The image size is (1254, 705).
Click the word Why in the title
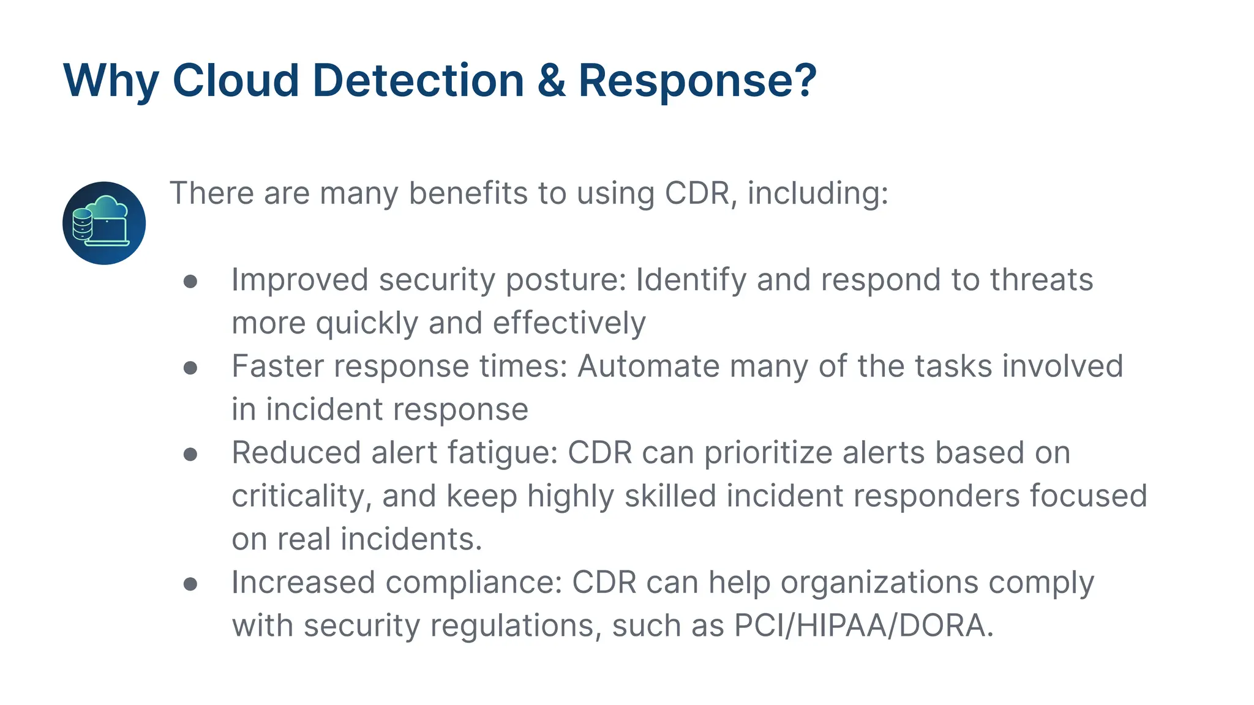[111, 81]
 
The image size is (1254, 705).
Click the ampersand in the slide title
[551, 81]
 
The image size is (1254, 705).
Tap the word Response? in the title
[697, 81]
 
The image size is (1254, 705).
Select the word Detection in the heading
[418, 81]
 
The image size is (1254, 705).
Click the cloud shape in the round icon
[109, 207]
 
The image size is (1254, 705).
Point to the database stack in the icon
[82, 224]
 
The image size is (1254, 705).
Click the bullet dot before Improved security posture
[190, 281]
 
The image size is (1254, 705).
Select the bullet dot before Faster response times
[190, 367]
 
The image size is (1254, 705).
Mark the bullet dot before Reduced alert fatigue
[190, 453]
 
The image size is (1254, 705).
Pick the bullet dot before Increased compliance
[190, 583]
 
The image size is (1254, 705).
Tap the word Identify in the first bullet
[691, 280]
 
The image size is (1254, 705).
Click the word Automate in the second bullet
[648, 367]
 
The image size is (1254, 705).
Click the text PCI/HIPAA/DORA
[863, 626]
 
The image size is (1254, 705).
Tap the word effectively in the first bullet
[569, 323]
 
